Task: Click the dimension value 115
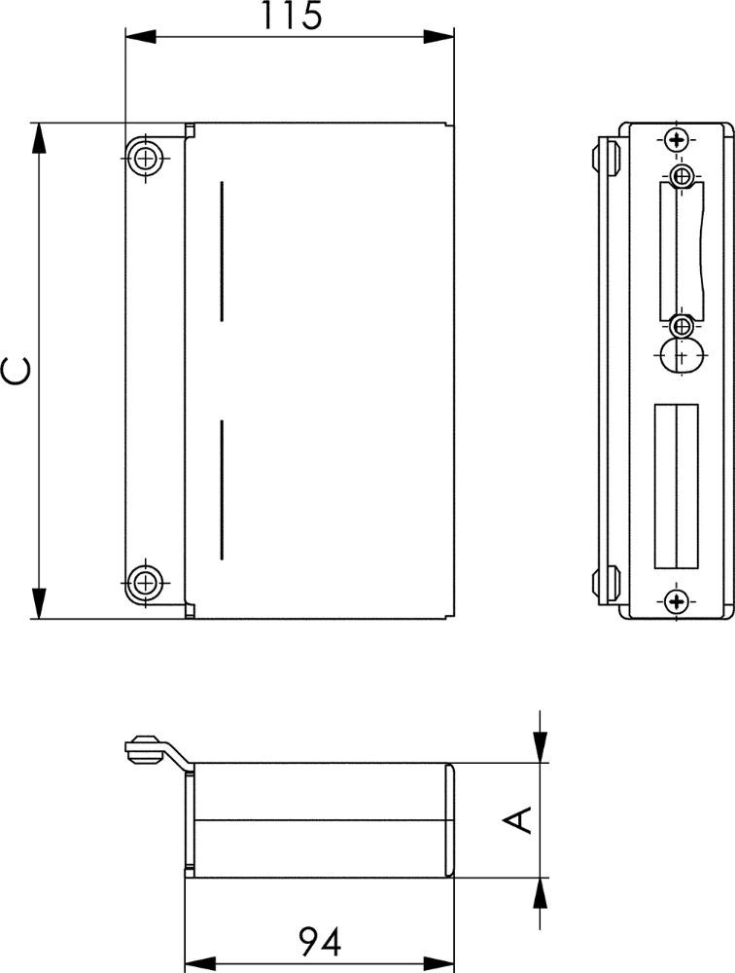click(292, 16)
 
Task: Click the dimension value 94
click(320, 941)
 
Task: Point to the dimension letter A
click(517, 819)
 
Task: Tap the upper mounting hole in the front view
click(146, 158)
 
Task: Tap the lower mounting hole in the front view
click(146, 583)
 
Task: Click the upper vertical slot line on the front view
click(222, 251)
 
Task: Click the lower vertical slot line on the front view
click(222, 490)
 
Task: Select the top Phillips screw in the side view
click(676, 140)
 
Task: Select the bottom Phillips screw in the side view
click(676, 600)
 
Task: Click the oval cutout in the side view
click(682, 355)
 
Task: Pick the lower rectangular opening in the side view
click(676, 486)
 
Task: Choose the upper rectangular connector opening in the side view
click(682, 251)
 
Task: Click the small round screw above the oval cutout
click(682, 325)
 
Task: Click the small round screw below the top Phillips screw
click(682, 175)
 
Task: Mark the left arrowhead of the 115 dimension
click(140, 37)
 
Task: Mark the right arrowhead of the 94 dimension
click(439, 963)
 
